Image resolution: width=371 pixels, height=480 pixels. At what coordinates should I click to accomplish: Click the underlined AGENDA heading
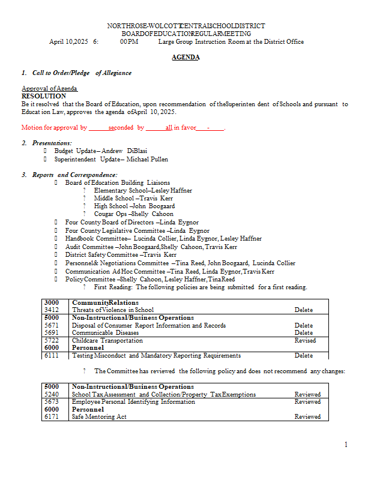pos(185,57)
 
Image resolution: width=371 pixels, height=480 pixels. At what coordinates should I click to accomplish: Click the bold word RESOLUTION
pos(44,96)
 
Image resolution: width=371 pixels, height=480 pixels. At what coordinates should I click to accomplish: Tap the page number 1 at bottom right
pos(346,445)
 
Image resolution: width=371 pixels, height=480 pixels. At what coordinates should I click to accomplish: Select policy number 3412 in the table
pos(52,310)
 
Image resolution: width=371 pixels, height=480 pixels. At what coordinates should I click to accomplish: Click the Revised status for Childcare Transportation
pos(305,340)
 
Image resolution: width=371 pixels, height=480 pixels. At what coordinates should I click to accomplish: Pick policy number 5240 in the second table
pos(52,395)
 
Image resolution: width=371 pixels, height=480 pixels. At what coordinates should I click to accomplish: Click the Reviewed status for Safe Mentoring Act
pos(307,416)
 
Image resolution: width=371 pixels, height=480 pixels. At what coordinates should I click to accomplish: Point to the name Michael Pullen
pos(147,160)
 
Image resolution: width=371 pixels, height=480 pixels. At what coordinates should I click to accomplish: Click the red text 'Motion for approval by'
pos(55,128)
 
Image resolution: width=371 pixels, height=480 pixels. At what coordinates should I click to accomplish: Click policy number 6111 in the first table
pos(52,355)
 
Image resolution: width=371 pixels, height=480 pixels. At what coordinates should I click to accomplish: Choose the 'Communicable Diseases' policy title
pos(105,332)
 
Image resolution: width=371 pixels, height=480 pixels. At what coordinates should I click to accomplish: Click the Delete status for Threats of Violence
pos(304,310)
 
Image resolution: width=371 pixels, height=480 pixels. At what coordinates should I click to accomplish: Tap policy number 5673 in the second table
pos(52,402)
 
